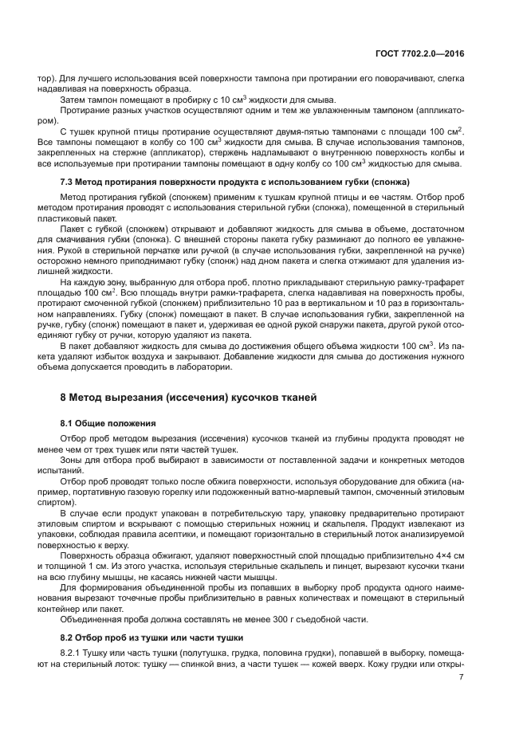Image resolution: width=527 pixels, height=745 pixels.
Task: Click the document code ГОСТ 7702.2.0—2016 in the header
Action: click(x=421, y=53)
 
